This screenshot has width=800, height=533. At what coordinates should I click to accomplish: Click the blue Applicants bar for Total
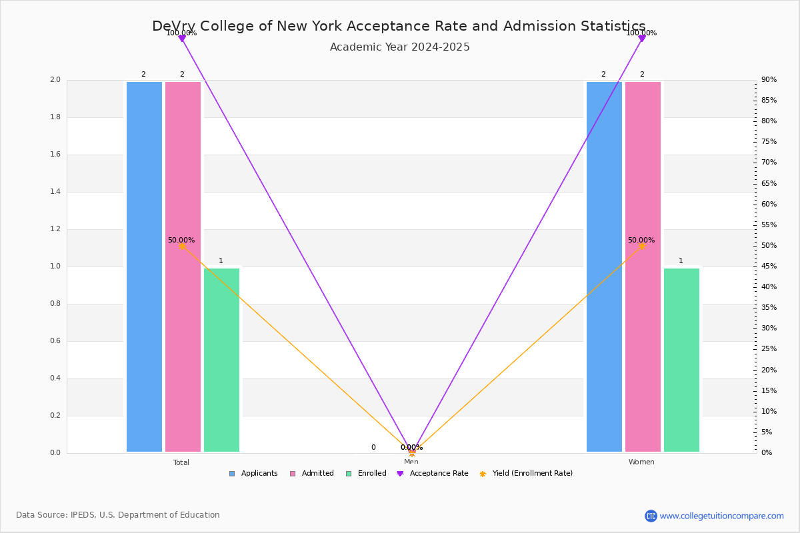coord(144,266)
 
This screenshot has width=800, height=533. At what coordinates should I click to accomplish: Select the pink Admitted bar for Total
coord(183,266)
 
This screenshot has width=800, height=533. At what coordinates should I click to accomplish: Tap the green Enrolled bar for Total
coord(221,360)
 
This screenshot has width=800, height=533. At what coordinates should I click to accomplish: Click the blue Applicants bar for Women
coord(604,266)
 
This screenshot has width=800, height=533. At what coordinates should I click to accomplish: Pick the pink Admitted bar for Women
coord(643,266)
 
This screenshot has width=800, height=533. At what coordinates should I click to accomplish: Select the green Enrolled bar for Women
coord(681,360)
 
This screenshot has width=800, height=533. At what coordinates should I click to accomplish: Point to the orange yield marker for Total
coord(182,246)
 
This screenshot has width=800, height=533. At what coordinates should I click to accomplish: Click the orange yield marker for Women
coord(642,246)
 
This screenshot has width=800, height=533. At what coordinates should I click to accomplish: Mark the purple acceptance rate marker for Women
coord(642,39)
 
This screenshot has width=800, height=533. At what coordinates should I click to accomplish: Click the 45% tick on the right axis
coord(769,266)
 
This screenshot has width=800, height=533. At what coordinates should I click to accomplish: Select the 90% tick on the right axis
coord(769,80)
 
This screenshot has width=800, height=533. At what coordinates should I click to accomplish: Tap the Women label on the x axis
coord(641,462)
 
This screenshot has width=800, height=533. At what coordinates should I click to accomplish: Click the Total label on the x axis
coord(181,462)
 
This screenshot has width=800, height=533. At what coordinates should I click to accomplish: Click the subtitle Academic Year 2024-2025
coord(400,47)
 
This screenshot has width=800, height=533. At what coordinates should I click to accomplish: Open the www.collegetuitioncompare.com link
coord(721,516)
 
